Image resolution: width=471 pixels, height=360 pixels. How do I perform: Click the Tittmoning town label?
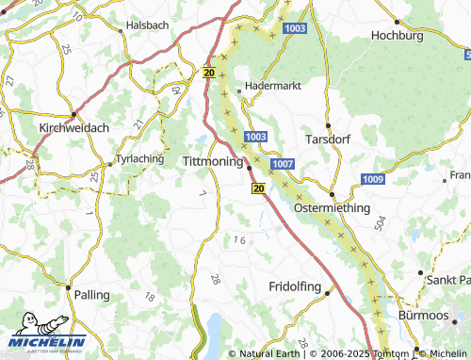pyautogui.click(x=211, y=162)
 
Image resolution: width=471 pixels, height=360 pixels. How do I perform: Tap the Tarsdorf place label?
pyautogui.click(x=329, y=139)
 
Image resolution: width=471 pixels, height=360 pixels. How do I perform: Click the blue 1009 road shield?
pyautogui.click(x=372, y=179)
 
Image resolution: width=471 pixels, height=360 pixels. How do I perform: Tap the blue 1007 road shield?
pyautogui.click(x=282, y=164)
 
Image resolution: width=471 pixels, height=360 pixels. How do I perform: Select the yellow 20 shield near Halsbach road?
pyautogui.click(x=208, y=72)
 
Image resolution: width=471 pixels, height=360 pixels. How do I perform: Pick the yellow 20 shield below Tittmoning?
pyautogui.click(x=257, y=188)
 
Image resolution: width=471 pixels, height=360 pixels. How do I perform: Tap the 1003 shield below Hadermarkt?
pyautogui.click(x=254, y=138)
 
